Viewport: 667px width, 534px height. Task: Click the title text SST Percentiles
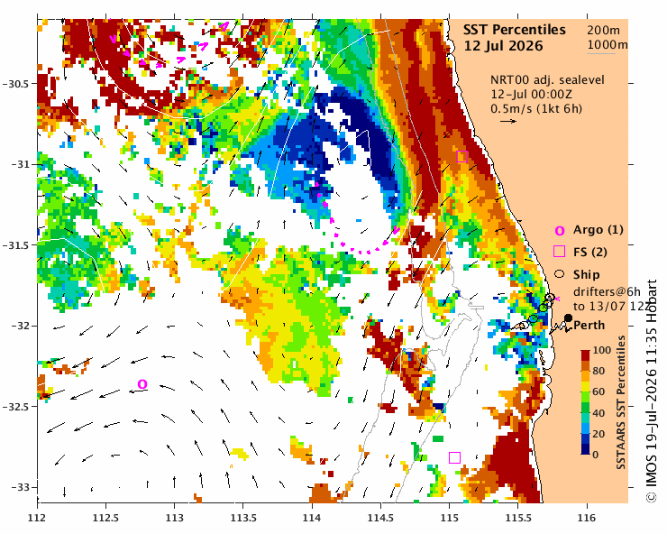[x=515, y=30]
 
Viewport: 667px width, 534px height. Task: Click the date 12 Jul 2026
[x=503, y=46]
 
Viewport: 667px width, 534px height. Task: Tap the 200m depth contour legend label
[x=603, y=30]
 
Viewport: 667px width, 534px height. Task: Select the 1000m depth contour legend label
[x=608, y=45]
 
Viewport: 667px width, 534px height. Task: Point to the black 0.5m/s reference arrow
[x=508, y=122]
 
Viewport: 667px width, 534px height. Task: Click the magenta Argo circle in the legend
[x=560, y=231]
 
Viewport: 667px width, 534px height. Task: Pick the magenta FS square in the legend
[x=559, y=252]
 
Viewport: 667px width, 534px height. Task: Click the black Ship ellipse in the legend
[x=560, y=274]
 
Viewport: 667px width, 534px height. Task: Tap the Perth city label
[x=589, y=326]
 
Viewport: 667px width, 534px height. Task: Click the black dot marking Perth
[x=568, y=318]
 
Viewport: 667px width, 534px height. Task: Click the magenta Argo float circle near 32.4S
[x=142, y=384]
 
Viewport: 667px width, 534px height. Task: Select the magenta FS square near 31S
[x=462, y=157]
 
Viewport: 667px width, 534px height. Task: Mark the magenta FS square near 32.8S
[x=455, y=457]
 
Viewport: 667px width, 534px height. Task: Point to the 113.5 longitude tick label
[x=242, y=519]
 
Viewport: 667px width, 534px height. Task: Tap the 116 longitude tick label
[x=587, y=519]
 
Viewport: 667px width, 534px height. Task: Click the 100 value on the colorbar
[x=602, y=351]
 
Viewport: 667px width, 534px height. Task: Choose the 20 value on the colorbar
[x=598, y=434]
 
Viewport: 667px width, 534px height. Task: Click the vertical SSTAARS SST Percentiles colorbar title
[x=622, y=402]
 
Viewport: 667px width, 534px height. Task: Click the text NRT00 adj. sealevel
[x=547, y=80]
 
